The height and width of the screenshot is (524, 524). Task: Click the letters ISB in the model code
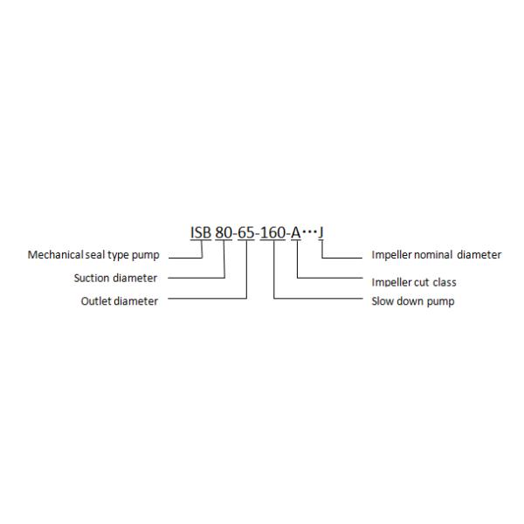201,233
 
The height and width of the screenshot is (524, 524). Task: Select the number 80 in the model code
224,233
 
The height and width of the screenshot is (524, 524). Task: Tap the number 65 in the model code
249,233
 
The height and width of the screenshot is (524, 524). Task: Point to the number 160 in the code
274,233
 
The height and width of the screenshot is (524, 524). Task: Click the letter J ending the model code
322,233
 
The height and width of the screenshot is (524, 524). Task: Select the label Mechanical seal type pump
93,256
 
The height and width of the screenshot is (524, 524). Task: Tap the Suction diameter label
115,279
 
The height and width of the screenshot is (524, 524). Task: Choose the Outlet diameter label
119,301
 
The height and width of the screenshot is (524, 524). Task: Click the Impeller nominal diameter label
437,256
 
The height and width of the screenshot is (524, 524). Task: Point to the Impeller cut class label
414,282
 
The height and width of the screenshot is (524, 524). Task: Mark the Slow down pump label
412,301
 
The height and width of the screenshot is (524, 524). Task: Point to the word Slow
383,301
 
